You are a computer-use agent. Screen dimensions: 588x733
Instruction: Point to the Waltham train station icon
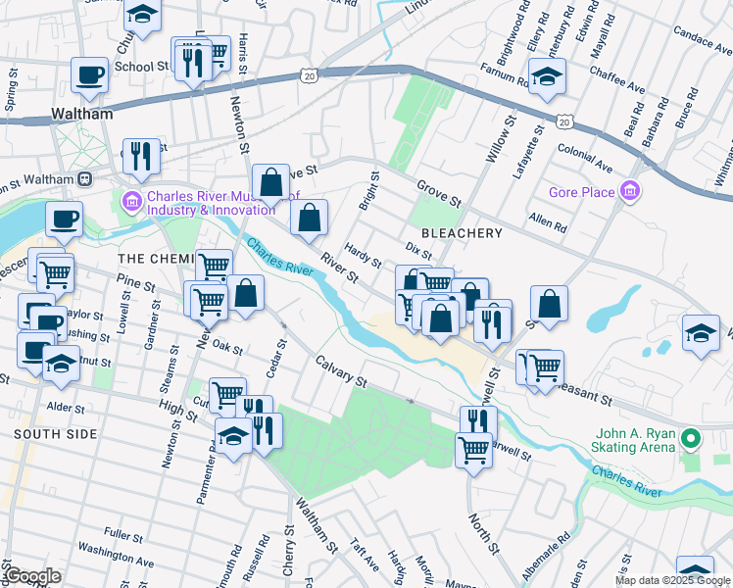[85, 179]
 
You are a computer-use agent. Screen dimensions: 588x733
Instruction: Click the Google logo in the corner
[32, 576]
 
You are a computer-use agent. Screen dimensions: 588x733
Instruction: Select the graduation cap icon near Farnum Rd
[547, 74]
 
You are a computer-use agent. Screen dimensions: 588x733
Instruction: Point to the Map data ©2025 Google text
[672, 580]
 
